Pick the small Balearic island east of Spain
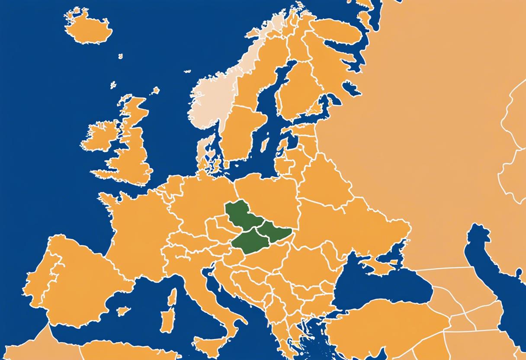(123, 311)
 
